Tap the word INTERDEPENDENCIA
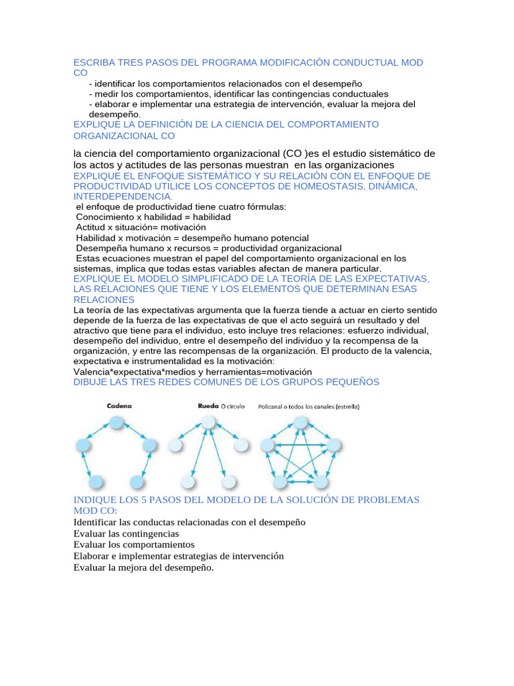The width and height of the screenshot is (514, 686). click(122, 196)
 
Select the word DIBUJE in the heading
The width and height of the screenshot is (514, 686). click(90, 382)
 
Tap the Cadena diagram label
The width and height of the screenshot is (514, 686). click(118, 406)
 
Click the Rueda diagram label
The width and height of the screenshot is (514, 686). click(209, 406)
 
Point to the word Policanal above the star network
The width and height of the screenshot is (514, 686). click(274, 406)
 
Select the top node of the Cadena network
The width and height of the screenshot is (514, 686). click(117, 422)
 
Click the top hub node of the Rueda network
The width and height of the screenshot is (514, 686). click(209, 422)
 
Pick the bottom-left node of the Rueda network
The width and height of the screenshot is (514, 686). click(189, 482)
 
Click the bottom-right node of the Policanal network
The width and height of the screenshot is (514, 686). click(322, 482)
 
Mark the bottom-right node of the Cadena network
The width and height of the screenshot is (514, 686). click(137, 482)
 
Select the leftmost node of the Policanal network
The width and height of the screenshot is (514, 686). click(268, 445)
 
